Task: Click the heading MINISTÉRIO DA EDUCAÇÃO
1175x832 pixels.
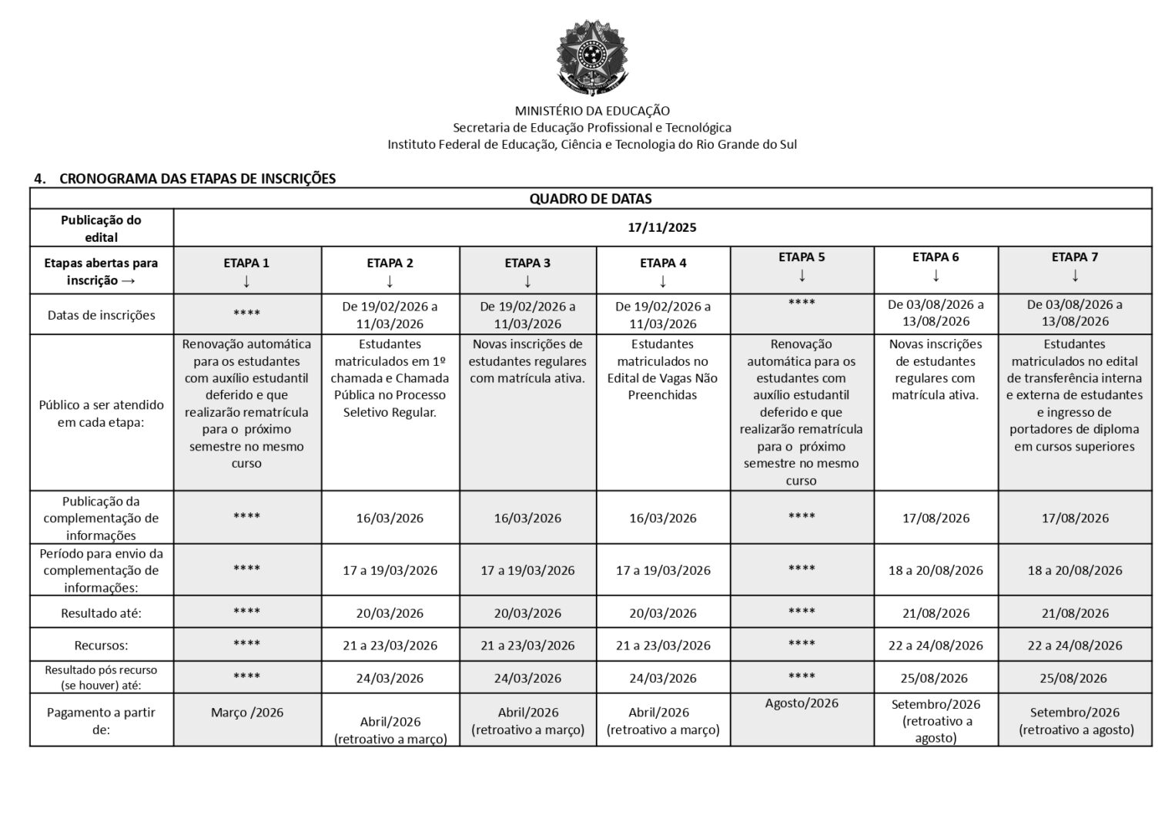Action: (x=591, y=111)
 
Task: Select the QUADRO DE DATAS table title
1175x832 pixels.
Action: (x=591, y=199)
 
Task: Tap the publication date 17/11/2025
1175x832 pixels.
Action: (x=662, y=227)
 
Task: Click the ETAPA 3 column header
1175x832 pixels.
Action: (x=527, y=263)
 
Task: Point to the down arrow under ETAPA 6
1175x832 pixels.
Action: (x=936, y=275)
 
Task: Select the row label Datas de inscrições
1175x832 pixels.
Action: (x=101, y=315)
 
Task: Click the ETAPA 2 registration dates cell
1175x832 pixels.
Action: (x=390, y=314)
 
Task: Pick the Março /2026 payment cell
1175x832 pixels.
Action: (x=247, y=713)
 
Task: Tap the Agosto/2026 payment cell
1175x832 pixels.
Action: (x=802, y=703)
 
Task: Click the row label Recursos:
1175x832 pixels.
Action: (x=101, y=646)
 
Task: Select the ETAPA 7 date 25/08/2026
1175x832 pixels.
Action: (x=1074, y=679)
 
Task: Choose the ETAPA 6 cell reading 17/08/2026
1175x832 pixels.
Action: (x=936, y=518)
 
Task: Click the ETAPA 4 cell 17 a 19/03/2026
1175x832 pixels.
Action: (x=663, y=571)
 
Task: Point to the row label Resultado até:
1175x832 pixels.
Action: (x=101, y=614)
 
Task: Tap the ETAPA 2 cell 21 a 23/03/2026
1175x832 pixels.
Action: (x=390, y=646)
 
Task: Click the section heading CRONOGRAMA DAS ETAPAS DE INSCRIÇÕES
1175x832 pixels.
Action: (x=197, y=179)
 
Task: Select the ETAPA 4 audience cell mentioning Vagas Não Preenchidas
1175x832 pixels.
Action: (x=662, y=370)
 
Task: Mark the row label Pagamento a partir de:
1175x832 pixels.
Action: (x=101, y=720)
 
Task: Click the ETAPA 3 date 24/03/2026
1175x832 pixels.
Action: (x=527, y=679)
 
